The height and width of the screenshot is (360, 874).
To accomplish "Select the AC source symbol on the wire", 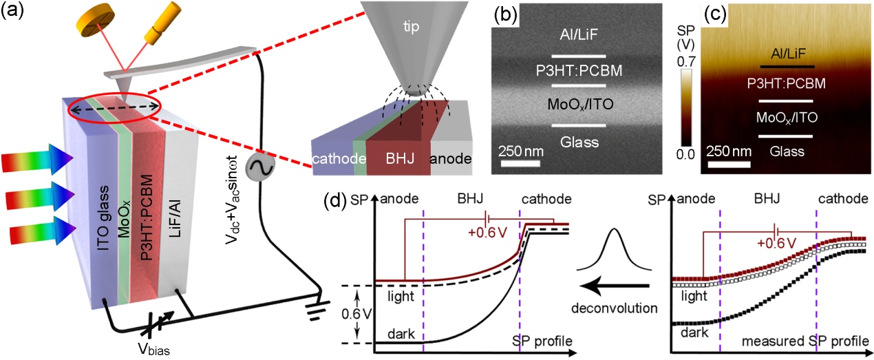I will (x=263, y=167).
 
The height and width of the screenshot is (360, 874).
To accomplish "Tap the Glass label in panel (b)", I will (x=579, y=142).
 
